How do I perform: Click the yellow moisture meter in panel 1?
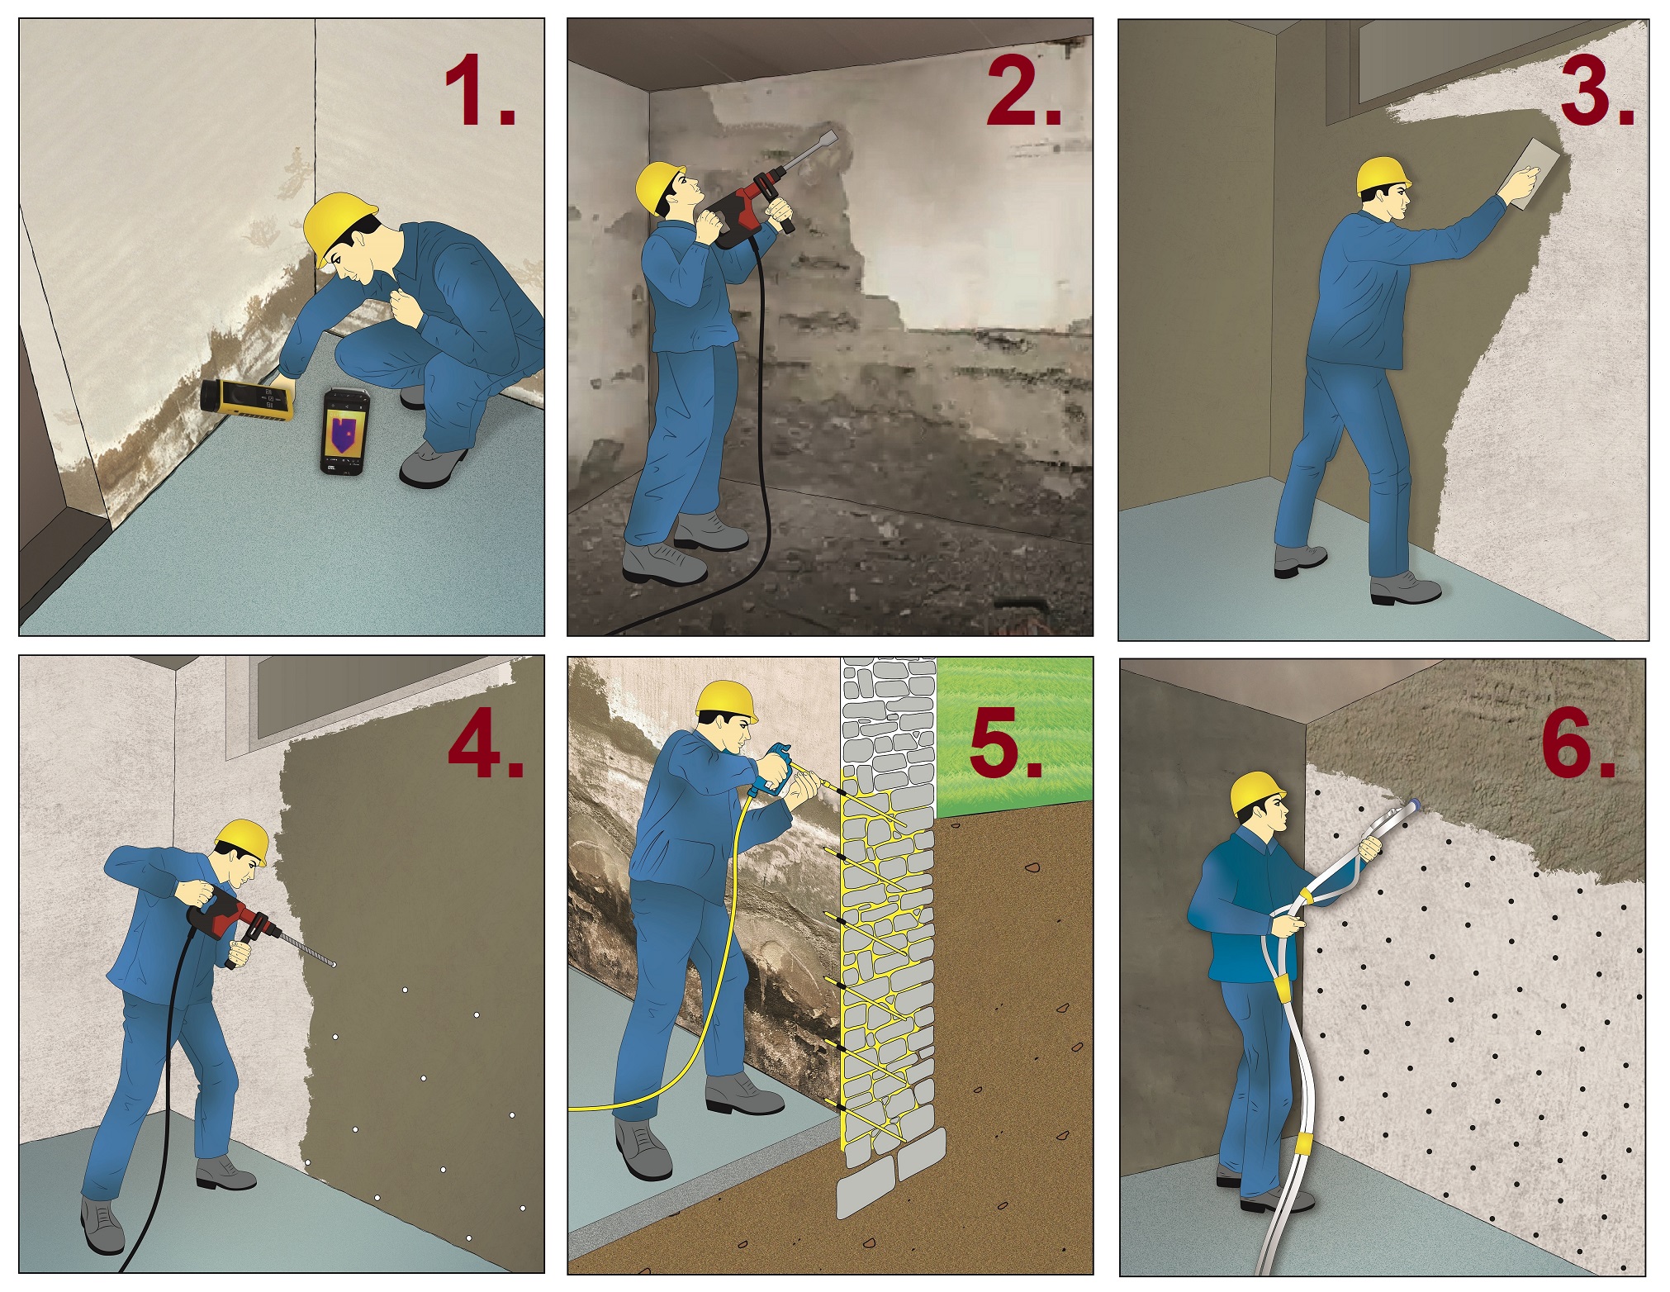(x=247, y=401)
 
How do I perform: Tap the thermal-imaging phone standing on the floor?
(x=344, y=431)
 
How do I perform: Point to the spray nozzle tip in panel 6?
(x=1416, y=802)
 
